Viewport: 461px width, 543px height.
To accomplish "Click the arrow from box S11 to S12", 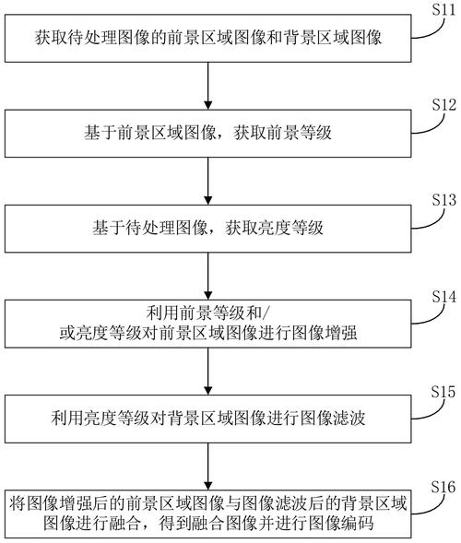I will tap(211, 87).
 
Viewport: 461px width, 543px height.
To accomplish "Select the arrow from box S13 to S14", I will tap(211, 278).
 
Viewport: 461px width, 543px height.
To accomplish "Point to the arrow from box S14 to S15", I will tap(211, 374).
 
